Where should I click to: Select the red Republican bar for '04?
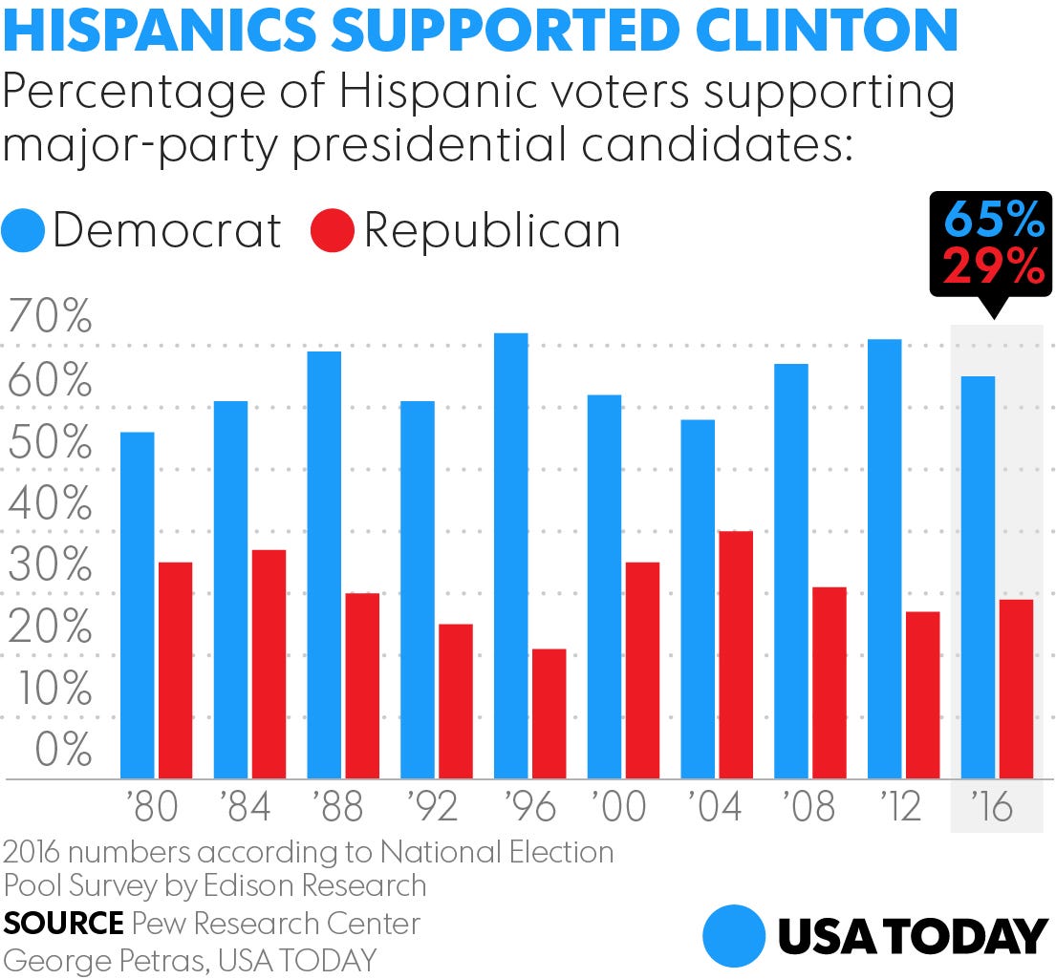pyautogui.click(x=736, y=654)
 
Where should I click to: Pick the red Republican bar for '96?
pyautogui.click(x=549, y=713)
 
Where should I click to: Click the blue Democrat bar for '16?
pyautogui.click(x=978, y=577)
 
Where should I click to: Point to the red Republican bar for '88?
pyautogui.click(x=362, y=685)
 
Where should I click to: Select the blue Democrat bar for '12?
pyautogui.click(x=884, y=559)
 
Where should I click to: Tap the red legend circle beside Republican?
pyautogui.click(x=333, y=231)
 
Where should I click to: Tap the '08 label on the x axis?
pyautogui.click(x=808, y=808)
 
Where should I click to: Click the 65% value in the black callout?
pyautogui.click(x=994, y=222)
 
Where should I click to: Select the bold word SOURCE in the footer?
pyautogui.click(x=63, y=924)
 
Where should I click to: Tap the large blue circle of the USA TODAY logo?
pyautogui.click(x=734, y=936)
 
